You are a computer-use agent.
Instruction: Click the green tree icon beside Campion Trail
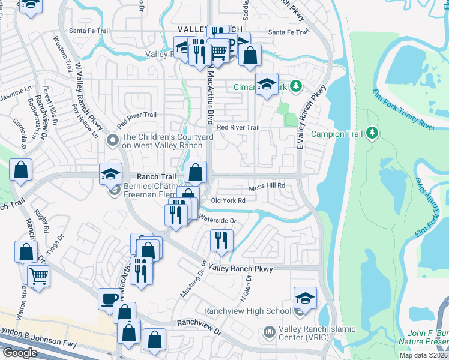(372, 133)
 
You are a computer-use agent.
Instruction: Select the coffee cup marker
(109, 298)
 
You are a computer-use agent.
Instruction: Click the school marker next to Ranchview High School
(305, 298)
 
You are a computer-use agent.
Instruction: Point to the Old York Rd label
(229, 200)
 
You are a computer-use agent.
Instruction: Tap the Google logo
(20, 352)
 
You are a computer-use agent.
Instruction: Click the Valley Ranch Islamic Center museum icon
(270, 331)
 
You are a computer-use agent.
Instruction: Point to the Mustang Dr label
(193, 283)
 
